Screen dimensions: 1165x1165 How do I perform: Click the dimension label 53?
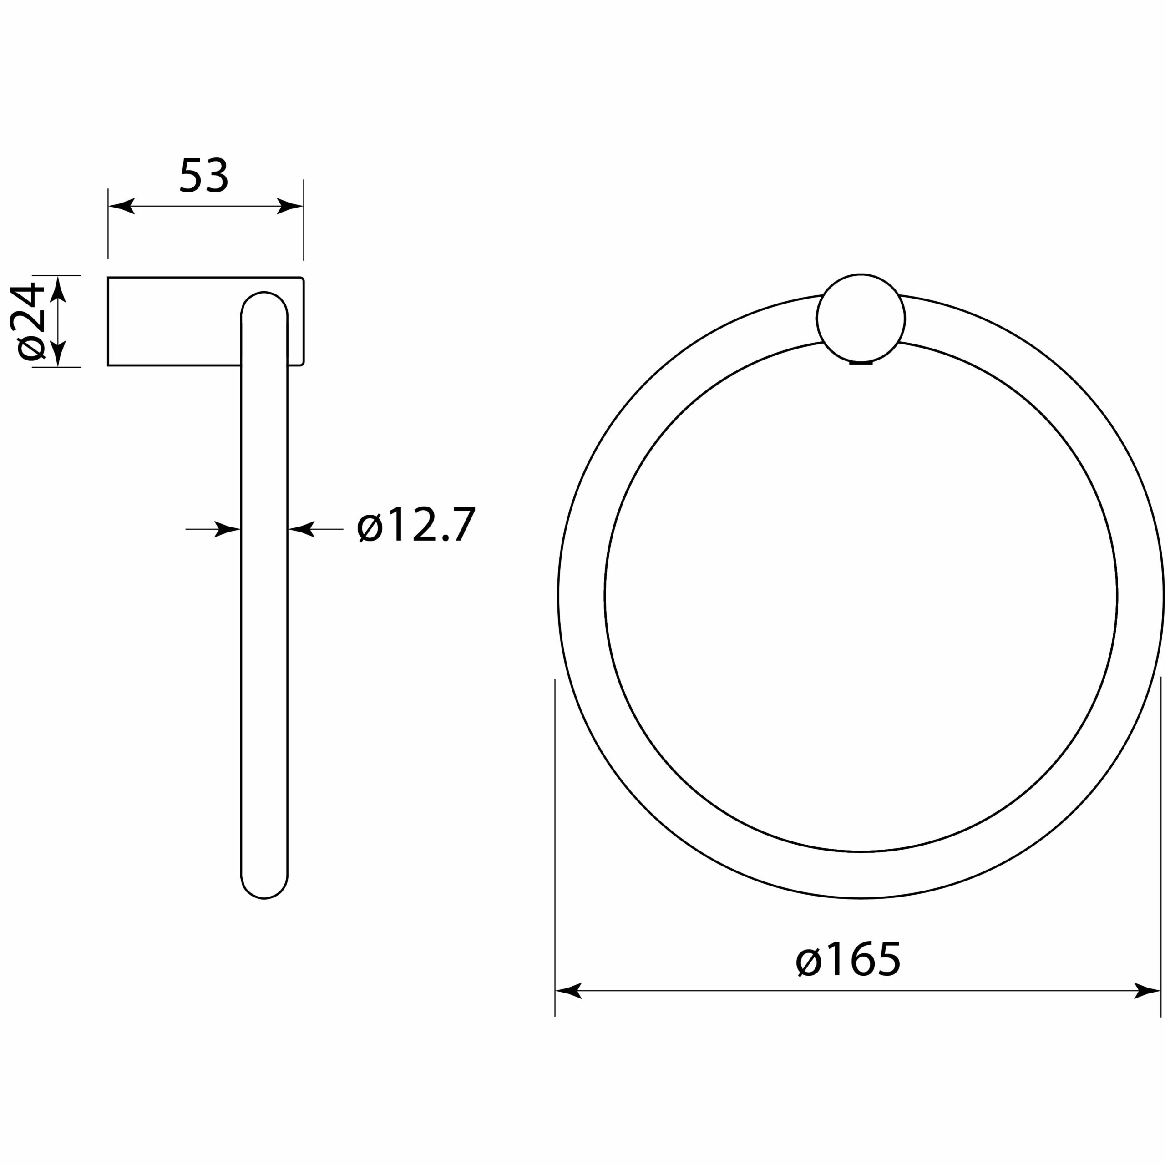(204, 176)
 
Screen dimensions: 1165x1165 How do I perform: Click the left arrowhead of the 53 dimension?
(121, 206)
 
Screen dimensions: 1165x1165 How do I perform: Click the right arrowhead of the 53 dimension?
(290, 206)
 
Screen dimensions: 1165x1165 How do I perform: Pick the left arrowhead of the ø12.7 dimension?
(228, 529)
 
